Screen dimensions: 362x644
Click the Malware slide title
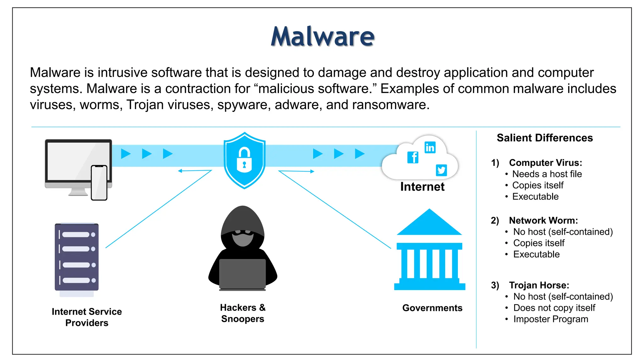pyautogui.click(x=323, y=36)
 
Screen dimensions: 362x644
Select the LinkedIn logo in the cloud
pyautogui.click(x=430, y=147)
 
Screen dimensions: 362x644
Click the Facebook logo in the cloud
pyautogui.click(x=413, y=157)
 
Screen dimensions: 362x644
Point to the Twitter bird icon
pyautogui.click(x=441, y=170)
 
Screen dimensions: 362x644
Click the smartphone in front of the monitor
pyautogui.click(x=99, y=183)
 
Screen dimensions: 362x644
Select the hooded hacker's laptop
pyautogui.click(x=242, y=274)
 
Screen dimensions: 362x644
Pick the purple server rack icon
pyautogui.click(x=77, y=257)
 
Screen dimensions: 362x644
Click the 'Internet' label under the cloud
pyautogui.click(x=422, y=187)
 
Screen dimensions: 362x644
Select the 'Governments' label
pyautogui.click(x=432, y=308)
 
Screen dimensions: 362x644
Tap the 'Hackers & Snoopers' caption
pyautogui.click(x=243, y=313)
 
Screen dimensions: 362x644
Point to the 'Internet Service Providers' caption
pyautogui.click(x=87, y=317)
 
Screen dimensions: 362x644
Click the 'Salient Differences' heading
pyautogui.click(x=545, y=138)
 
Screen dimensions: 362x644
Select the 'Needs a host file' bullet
pyautogui.click(x=547, y=174)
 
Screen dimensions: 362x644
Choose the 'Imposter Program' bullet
pyautogui.click(x=551, y=319)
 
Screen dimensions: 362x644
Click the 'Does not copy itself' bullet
pyautogui.click(x=554, y=308)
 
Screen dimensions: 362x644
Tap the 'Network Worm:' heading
pyautogui.click(x=543, y=221)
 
